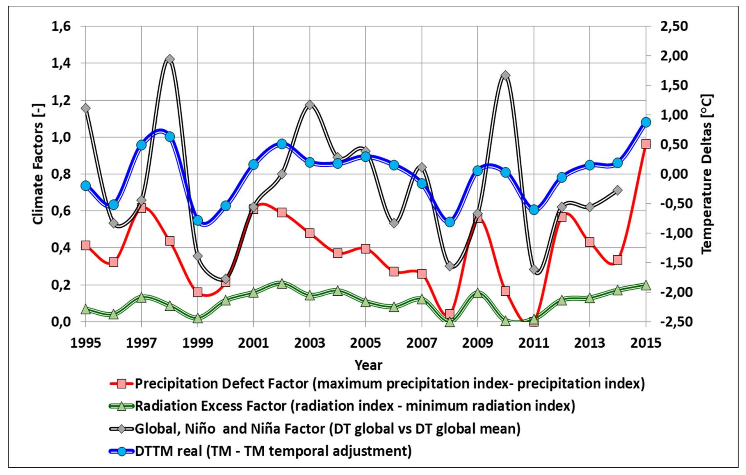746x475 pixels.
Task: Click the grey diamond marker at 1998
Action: click(169, 59)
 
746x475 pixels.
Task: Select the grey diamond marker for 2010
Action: click(505, 75)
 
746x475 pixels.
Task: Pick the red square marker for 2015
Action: click(646, 144)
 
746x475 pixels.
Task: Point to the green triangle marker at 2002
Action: click(281, 283)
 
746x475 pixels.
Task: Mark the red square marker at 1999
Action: click(198, 292)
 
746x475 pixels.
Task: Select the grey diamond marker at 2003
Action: click(310, 105)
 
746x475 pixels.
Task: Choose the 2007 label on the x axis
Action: click(421, 343)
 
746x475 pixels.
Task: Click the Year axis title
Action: click(368, 365)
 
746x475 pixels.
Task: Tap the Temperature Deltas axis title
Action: click(707, 174)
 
